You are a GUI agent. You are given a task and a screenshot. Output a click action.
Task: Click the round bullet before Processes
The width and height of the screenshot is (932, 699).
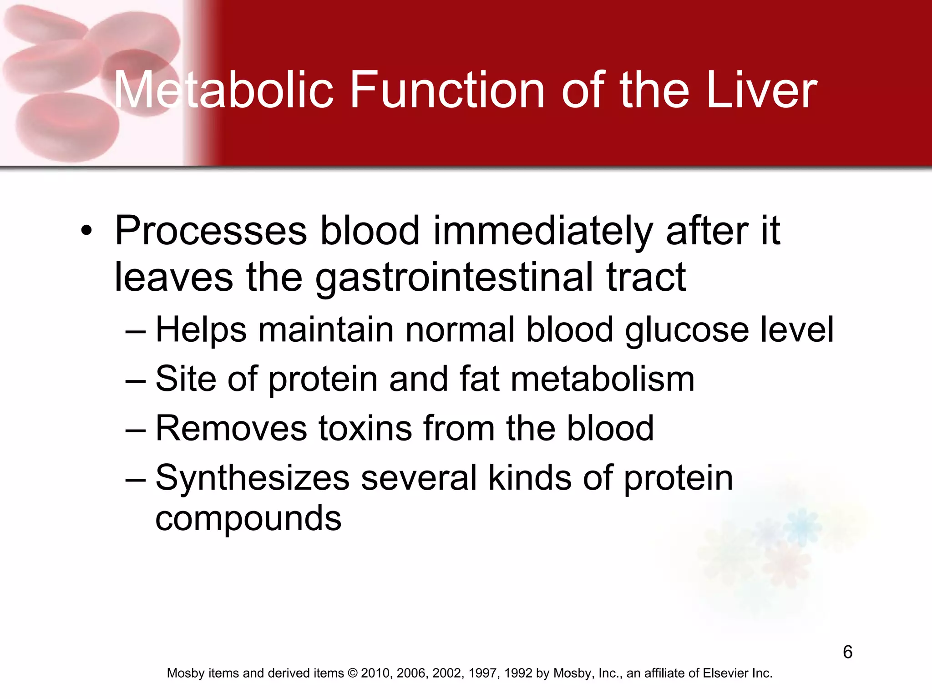point(86,231)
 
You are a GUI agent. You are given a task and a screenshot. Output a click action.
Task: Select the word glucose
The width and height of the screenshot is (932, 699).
point(687,329)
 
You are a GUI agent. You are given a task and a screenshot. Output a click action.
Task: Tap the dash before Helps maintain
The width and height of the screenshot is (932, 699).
point(135,331)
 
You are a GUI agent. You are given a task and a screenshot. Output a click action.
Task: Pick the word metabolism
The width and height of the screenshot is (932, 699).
point(603,379)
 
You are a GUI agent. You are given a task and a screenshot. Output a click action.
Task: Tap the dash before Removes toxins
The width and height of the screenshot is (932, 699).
point(135,430)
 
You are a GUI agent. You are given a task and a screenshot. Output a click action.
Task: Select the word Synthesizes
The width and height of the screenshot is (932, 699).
point(252,478)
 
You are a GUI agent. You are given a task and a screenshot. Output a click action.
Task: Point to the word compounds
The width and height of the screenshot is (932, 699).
point(248,518)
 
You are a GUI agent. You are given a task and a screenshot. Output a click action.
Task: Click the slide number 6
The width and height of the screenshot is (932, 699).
point(847,652)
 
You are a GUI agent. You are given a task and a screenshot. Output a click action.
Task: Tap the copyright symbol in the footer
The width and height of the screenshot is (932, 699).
point(353,673)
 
